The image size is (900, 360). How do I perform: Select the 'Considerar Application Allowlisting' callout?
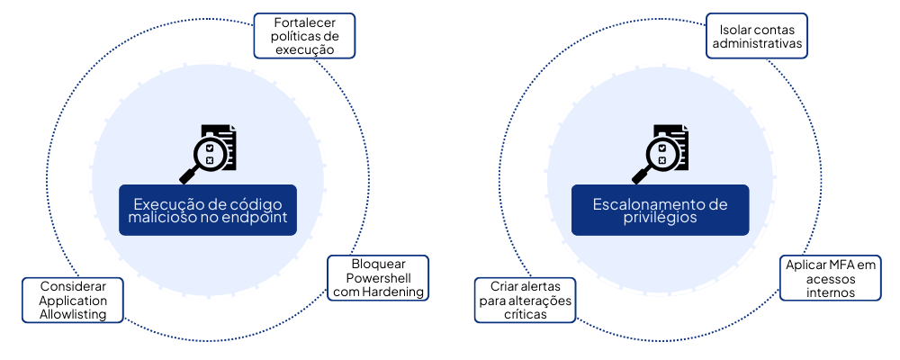click(74, 300)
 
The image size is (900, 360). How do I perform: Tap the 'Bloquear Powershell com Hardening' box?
click(378, 278)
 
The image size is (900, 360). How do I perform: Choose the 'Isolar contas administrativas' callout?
click(755, 36)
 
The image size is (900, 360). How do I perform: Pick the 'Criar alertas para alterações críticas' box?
click(525, 300)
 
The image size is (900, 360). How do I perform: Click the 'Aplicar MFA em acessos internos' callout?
click(831, 279)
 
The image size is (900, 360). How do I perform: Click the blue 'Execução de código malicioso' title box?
click(208, 211)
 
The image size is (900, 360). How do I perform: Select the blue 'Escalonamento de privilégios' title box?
click(660, 211)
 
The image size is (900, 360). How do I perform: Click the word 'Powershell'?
click(378, 278)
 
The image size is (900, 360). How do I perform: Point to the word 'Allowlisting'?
click(74, 314)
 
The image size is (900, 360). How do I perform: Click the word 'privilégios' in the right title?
click(660, 219)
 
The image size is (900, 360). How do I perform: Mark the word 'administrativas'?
click(755, 43)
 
